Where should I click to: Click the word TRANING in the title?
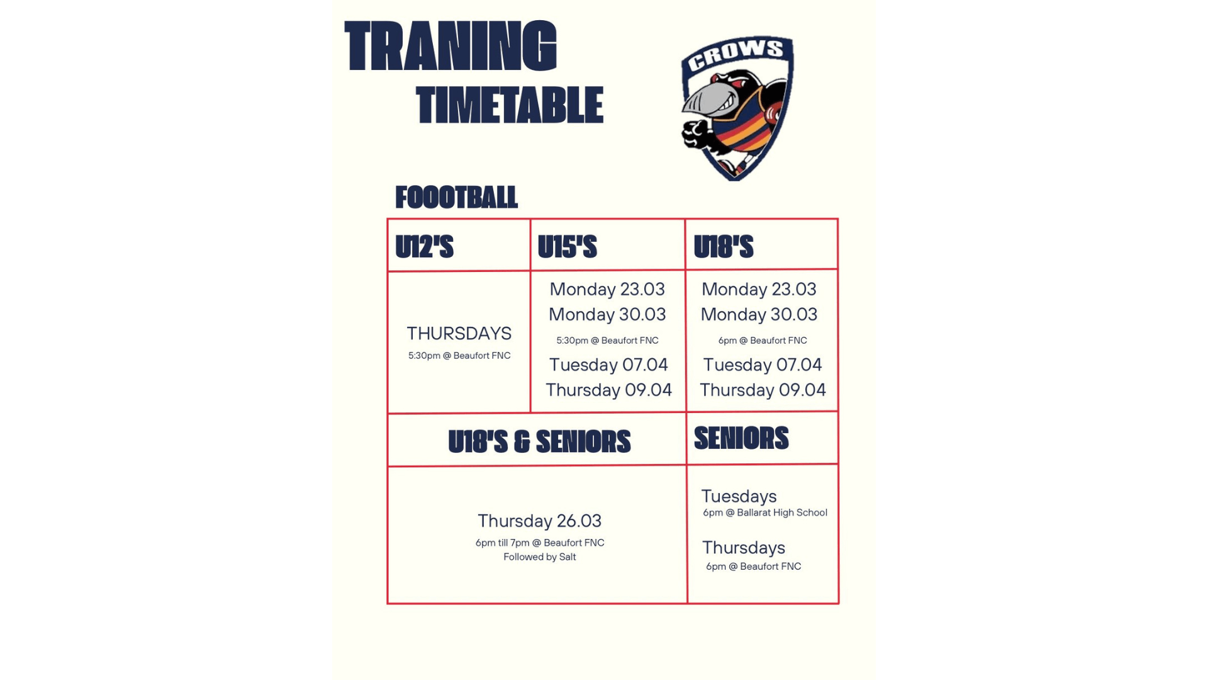coord(450,46)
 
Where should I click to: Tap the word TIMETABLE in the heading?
coord(510,105)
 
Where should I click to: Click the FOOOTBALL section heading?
coord(456,198)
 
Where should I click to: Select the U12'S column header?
coord(424,247)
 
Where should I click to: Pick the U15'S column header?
coord(567,247)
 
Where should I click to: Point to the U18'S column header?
coord(723,247)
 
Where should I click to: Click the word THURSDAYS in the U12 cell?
coord(459,333)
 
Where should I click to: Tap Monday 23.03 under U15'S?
coord(607,289)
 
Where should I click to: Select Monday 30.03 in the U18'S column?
coord(759,314)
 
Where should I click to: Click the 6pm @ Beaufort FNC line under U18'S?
coord(763,341)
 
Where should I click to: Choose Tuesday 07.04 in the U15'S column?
coord(608,365)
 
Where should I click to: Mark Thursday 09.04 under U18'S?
coord(763,390)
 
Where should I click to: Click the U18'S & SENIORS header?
coord(539,441)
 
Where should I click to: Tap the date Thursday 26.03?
coord(539,521)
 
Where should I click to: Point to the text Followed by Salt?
coord(539,557)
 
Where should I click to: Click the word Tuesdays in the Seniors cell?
coord(739,496)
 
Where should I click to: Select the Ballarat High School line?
coord(765,513)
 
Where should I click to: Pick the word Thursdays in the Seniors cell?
coord(743,548)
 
